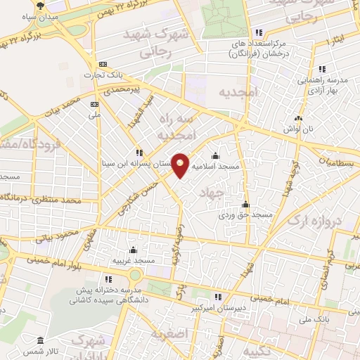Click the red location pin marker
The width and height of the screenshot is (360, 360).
[x=181, y=165]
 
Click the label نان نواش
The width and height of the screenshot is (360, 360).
[x=298, y=129]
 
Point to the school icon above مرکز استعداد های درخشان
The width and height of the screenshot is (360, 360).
[x=259, y=32]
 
